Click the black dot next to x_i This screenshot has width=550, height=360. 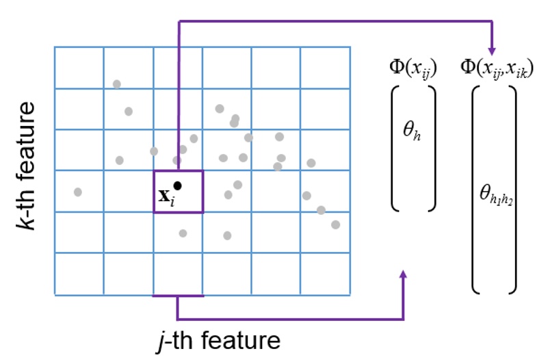pos(178,185)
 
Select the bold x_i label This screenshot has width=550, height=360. pos(166,196)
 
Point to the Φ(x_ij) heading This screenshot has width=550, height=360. pos(413,66)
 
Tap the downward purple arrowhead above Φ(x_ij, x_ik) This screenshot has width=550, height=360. pos(491,50)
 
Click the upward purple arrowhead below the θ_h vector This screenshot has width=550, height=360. pos(403,274)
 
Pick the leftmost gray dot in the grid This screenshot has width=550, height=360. pos(78,192)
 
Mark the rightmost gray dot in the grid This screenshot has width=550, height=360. pos(335,224)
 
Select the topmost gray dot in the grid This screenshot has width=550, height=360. pos(117,84)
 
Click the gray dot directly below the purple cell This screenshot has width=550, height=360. pos(183,233)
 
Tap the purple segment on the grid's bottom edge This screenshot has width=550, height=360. pos(178,296)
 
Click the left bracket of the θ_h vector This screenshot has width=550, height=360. pos(395,147)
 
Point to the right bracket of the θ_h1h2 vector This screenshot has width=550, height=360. pos(512,189)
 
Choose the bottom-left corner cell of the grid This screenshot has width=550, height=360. pos(79,274)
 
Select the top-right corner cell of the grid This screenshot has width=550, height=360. pos(326,68)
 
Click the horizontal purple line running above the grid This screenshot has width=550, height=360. pos(335,22)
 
